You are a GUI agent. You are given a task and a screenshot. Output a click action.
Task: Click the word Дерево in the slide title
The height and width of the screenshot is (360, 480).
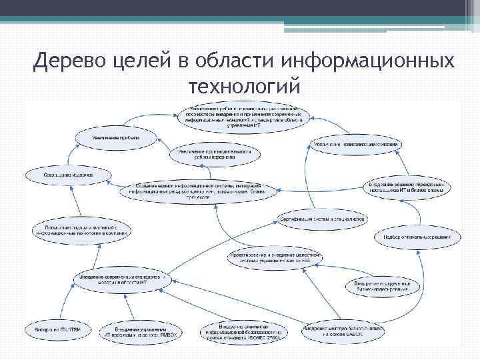tap(68, 62)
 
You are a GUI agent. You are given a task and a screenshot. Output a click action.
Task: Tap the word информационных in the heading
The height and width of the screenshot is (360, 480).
tap(369, 62)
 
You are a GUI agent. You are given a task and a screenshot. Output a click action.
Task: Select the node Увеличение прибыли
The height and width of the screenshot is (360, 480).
tap(117, 138)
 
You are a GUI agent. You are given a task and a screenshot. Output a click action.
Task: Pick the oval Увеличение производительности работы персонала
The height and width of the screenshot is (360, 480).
tap(215, 155)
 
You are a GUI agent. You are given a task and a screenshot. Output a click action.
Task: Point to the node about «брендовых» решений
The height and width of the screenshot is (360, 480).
tap(407, 188)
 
